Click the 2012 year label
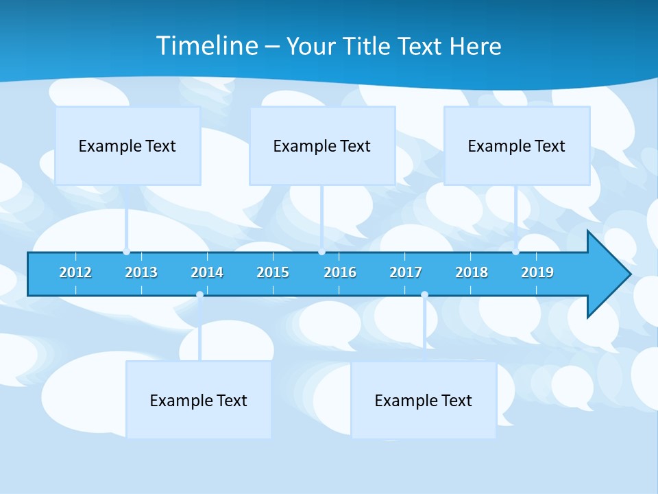click(75, 272)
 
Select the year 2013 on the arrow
click(141, 272)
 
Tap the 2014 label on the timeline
click(207, 272)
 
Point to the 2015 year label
click(273, 272)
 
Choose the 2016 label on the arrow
click(340, 272)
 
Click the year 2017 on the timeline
click(406, 272)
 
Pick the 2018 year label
click(472, 272)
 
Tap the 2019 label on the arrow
click(537, 272)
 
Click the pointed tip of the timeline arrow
click(629, 274)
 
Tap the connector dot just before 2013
click(126, 252)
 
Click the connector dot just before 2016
click(321, 252)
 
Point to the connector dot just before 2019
click(515, 252)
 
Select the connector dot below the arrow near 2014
click(199, 295)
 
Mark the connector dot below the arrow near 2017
click(424, 295)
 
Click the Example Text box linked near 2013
click(127, 145)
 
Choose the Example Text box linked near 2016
click(322, 145)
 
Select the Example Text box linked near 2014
click(199, 400)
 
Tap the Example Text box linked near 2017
click(424, 400)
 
